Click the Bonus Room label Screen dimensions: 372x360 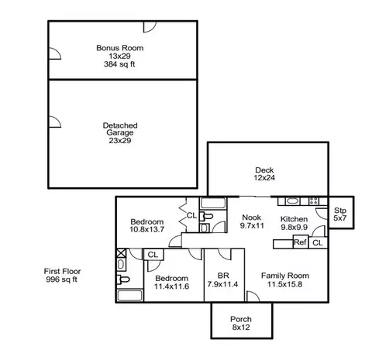pos(120,48)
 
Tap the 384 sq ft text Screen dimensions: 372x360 pos(119,64)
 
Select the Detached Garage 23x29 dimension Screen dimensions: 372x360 pos(120,141)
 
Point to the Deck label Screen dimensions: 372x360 pos(264,170)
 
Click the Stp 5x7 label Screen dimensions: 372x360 pos(340,214)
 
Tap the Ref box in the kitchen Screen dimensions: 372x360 pos(301,242)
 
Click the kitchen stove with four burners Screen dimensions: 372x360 pos(314,201)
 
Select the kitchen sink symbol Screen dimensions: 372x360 pos(293,201)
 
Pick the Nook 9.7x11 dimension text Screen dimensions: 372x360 pos(252,226)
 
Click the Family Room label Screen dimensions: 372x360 pos(285,276)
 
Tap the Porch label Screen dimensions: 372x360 pos(241,319)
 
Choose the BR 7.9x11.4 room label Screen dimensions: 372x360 pos(222,280)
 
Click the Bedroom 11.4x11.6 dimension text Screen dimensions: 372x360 pos(171,286)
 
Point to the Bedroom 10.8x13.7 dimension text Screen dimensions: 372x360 pos(146,229)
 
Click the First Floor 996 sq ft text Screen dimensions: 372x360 pos(62,276)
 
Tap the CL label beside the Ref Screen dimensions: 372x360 pos(318,243)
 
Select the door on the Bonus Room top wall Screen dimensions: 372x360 pos(150,26)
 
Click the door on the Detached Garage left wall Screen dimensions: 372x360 pos(55,122)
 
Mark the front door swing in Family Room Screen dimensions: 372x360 pos(253,297)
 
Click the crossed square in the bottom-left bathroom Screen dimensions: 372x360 pos(121,253)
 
